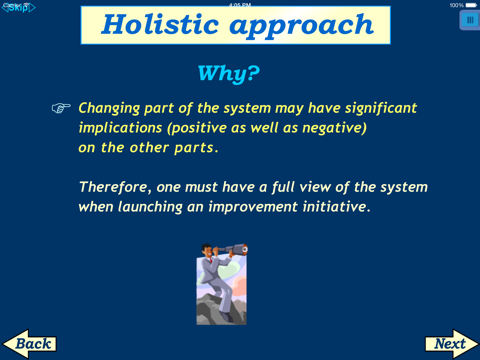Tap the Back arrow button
29,343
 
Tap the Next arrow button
451,343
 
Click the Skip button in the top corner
18,7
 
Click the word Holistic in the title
164,25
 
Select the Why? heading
229,73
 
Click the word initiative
336,207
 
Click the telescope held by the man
235,254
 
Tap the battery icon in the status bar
472,5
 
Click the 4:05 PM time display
240,5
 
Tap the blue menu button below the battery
469,20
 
